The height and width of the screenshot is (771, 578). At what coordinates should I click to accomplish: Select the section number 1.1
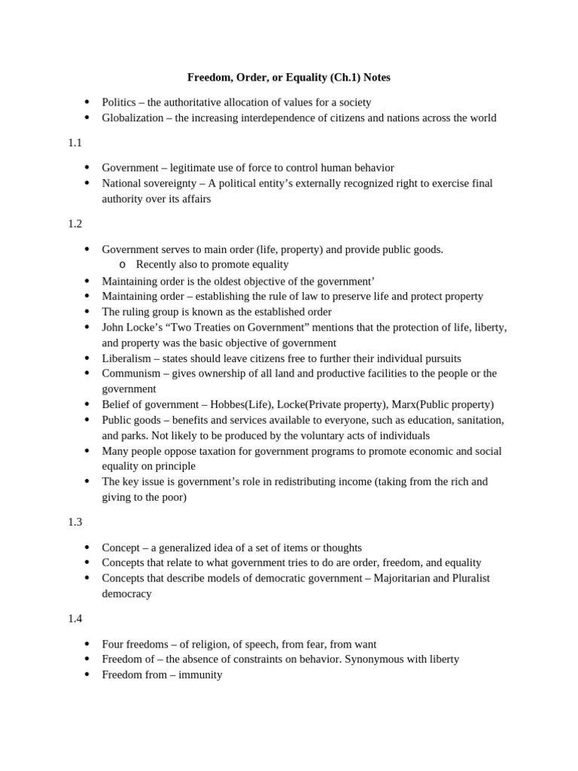[x=75, y=142]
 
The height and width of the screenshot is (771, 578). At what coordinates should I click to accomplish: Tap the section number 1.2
[x=75, y=224]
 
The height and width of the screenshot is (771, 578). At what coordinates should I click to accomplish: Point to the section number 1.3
[x=75, y=522]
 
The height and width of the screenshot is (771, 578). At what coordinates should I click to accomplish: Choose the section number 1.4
[x=75, y=618]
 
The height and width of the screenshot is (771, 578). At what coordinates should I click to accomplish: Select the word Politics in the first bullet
[x=120, y=102]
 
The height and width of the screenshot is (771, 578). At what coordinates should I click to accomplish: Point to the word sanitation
[x=476, y=419]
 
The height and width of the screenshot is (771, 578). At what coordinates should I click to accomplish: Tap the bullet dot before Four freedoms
[x=87, y=645]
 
